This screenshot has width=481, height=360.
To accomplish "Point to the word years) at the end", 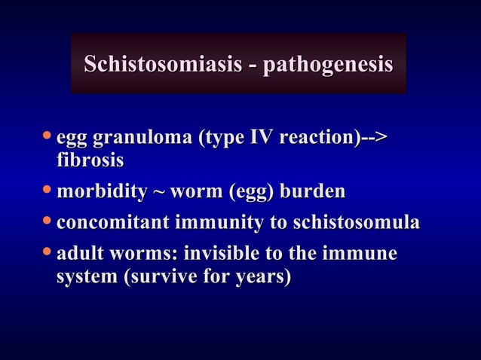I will (262, 276).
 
